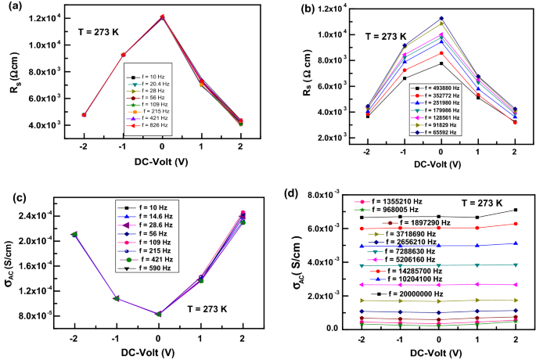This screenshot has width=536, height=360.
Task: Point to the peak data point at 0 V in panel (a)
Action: (162, 16)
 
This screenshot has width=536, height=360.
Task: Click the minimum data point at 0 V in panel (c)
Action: (158, 314)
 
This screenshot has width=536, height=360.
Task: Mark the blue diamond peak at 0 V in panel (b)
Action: (441, 18)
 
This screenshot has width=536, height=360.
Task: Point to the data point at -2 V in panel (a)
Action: (84, 114)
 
